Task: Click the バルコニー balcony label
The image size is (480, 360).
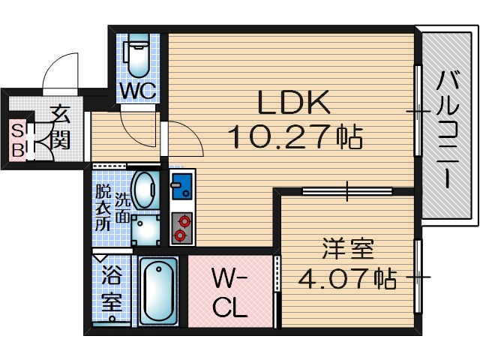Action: pos(449,127)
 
